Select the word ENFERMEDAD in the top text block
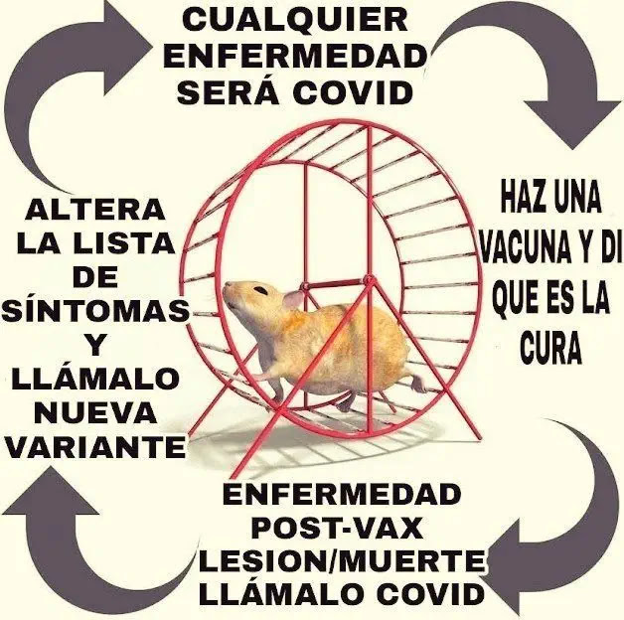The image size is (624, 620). [295, 55]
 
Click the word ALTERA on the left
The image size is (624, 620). [95, 209]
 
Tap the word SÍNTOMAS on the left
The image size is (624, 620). [95, 311]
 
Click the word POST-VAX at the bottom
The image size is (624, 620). [343, 528]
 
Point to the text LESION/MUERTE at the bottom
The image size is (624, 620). [343, 561]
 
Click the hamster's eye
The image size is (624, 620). [259, 290]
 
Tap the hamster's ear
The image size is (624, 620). [295, 298]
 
